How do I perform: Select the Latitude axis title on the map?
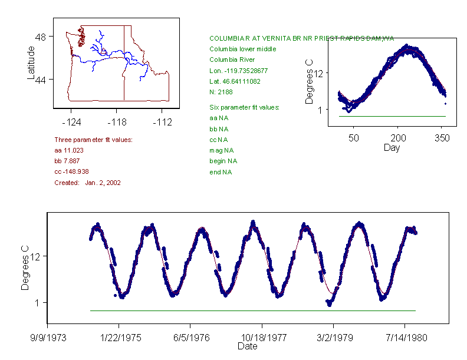click(x=31, y=63)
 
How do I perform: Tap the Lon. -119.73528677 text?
click(x=238, y=70)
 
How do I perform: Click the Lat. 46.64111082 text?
click(x=235, y=81)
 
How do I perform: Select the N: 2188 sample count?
click(x=221, y=91)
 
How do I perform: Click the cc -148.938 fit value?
click(x=71, y=171)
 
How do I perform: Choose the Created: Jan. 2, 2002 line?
click(x=87, y=183)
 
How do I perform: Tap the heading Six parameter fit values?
click(x=244, y=107)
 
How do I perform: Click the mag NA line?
click(x=221, y=150)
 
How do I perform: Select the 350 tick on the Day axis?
click(x=442, y=138)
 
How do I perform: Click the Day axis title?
click(x=391, y=147)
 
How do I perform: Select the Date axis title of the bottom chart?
click(x=247, y=346)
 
